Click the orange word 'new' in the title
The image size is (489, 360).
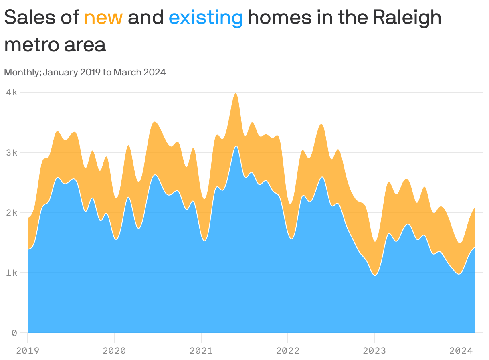pos(103,18)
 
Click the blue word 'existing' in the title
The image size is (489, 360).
pos(206,18)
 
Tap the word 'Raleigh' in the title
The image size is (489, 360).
pos(406,18)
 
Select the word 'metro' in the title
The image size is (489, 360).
pos(30,45)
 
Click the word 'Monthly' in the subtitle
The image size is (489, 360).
pos(22,73)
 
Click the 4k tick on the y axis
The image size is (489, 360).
pos(11,93)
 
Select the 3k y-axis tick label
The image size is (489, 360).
pos(11,153)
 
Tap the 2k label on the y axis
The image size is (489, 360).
pos(11,213)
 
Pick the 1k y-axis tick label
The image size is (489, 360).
pos(11,273)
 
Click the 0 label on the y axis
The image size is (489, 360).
pos(14,333)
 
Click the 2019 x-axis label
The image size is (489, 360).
pos(28,351)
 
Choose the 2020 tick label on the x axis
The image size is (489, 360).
pos(114,351)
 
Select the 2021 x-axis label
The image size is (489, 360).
pos(201,351)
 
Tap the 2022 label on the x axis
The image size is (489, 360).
pos(288,351)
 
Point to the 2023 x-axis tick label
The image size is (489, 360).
pos(374,351)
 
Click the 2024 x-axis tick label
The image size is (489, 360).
pos(461,351)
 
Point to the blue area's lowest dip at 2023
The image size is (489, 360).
pos(375,275)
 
